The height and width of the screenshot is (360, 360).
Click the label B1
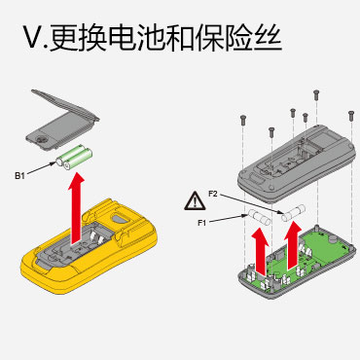pos(19,176)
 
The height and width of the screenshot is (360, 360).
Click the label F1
pos(202,223)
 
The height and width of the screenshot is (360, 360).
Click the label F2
pos(213,194)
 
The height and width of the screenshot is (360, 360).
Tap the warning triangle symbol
pos(195,200)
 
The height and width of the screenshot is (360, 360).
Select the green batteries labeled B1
pos(74,158)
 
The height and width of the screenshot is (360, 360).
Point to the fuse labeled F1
pos(259,217)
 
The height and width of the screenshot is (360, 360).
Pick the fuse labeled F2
pos(294,213)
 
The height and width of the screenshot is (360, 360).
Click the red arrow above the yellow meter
pos(77,208)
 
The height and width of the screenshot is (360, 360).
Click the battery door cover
pos(62,120)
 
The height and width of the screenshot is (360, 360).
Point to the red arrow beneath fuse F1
pos(261,250)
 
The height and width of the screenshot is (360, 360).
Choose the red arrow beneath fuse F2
pos(293,245)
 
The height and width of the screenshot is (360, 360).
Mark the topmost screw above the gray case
pos(316,94)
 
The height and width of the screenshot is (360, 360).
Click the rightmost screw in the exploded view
pos(350,116)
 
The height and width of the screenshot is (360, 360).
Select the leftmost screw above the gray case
pos(243,120)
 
